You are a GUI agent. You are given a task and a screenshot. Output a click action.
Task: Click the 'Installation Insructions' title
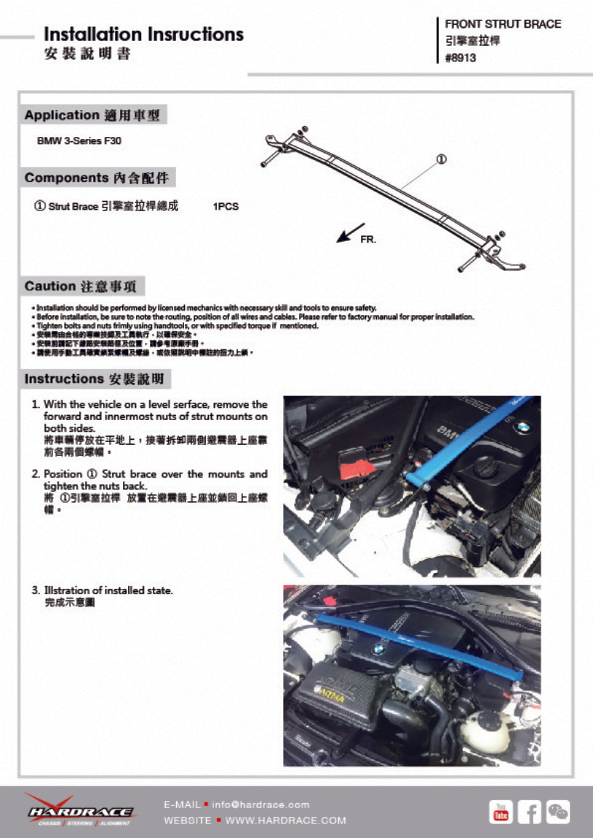click(x=143, y=34)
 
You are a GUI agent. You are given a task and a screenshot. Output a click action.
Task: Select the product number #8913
click(x=461, y=58)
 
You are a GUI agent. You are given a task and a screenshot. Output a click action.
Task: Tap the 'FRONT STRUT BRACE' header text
click(x=503, y=24)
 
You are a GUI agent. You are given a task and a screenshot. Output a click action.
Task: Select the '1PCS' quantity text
click(x=226, y=207)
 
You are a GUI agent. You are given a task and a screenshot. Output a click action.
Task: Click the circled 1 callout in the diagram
click(x=441, y=159)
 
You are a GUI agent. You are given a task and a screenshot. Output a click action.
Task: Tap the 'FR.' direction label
click(x=368, y=240)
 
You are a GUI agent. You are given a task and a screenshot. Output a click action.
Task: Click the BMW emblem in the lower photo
click(x=378, y=649)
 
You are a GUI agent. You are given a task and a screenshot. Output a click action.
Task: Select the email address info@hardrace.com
click(x=260, y=805)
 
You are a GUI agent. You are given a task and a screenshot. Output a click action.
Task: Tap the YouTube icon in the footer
click(x=501, y=812)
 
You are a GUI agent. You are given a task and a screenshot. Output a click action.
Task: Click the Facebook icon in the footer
click(x=529, y=812)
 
